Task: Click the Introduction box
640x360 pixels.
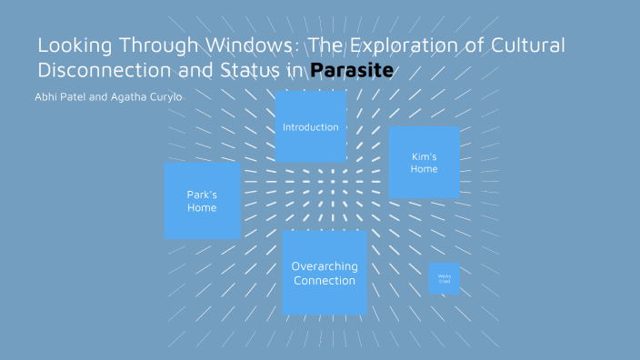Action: [311, 126]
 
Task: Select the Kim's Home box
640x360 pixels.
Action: [424, 163]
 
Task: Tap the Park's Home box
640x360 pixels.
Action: [202, 201]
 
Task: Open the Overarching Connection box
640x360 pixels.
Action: [325, 273]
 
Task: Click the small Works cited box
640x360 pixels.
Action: [445, 278]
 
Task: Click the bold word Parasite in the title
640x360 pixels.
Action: [351, 70]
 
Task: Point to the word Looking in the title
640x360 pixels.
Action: [71, 45]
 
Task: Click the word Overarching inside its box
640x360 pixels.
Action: [325, 266]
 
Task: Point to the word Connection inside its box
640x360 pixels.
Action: [325, 280]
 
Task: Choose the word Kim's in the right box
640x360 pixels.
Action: [424, 156]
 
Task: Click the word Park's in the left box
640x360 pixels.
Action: [202, 195]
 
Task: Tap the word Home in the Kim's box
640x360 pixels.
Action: [424, 169]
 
